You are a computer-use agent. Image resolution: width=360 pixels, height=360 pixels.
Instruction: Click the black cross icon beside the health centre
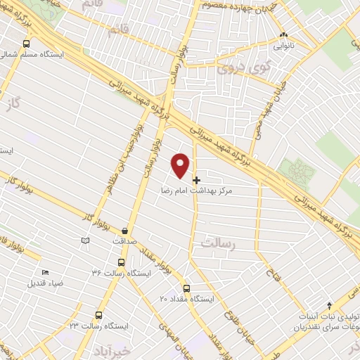click(x=196, y=180)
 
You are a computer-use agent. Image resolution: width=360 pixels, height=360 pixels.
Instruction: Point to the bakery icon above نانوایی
click(x=283, y=35)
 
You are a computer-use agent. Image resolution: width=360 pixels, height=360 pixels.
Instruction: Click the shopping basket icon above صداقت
click(x=124, y=231)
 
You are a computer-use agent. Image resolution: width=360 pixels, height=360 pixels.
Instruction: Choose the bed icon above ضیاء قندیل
click(x=46, y=273)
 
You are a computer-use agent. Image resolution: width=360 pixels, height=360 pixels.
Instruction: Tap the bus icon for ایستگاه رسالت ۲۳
click(x=97, y=315)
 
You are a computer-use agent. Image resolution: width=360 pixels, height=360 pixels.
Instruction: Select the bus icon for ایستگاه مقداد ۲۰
click(x=186, y=288)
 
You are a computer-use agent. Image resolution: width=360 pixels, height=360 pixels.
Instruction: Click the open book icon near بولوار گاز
click(x=85, y=241)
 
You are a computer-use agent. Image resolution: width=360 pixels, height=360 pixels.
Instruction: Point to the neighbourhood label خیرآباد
click(x=132, y=349)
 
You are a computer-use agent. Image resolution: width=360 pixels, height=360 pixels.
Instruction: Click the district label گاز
click(x=28, y=103)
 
